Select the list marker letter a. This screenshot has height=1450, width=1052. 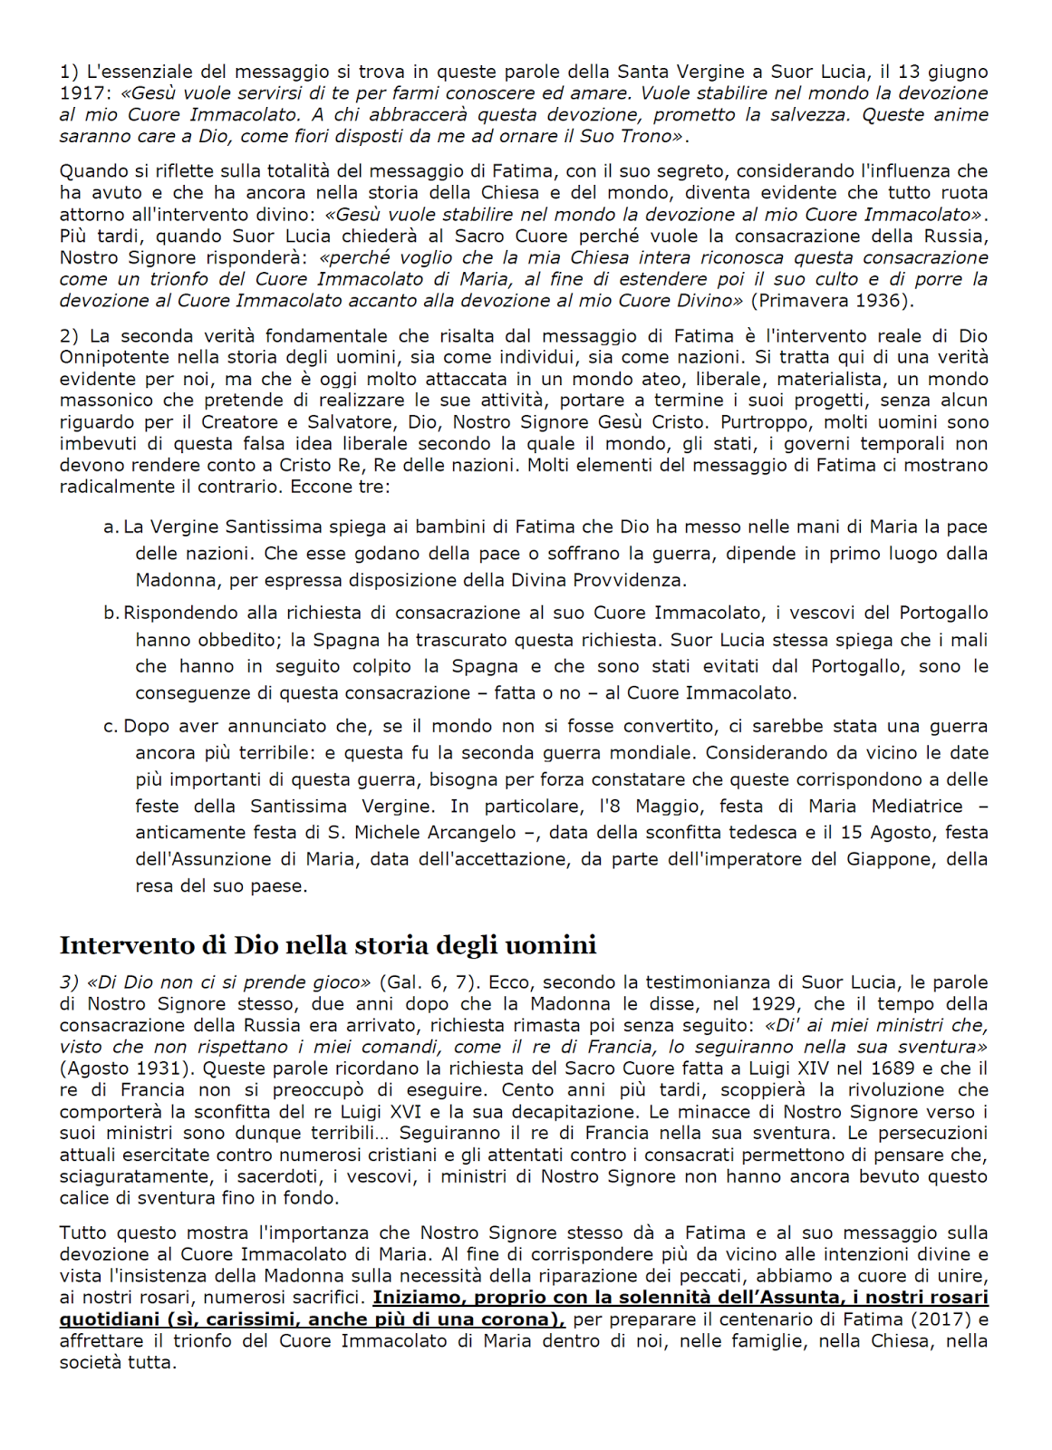[110, 527]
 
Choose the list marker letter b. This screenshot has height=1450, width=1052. [110, 614]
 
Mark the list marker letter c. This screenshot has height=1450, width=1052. [110, 727]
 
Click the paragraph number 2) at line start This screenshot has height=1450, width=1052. [70, 335]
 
